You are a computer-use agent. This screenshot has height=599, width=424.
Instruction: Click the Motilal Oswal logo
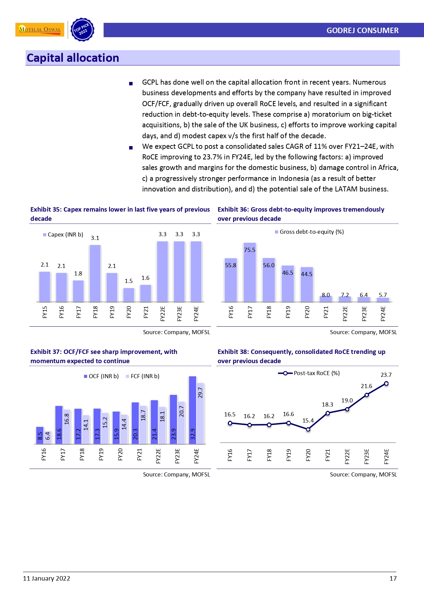(x=40, y=29)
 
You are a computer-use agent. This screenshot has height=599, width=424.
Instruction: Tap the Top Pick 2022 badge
(x=82, y=30)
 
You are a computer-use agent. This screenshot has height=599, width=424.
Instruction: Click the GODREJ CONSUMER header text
(x=362, y=30)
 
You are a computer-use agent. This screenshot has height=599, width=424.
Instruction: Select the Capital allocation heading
(x=73, y=58)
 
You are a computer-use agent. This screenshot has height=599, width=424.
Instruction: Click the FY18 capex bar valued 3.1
(x=95, y=273)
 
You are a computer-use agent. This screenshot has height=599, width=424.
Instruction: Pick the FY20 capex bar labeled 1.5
(x=128, y=295)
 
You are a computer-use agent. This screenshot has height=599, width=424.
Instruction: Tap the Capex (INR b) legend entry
(x=63, y=234)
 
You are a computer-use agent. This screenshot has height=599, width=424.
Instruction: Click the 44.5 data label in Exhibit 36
(x=306, y=274)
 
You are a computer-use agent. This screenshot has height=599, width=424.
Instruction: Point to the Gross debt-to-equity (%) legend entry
(x=310, y=232)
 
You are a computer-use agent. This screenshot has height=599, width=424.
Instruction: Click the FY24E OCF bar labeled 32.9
(x=192, y=410)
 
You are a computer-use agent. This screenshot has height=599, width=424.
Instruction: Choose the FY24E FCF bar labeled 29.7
(x=200, y=413)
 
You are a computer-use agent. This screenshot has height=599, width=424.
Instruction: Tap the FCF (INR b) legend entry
(x=143, y=376)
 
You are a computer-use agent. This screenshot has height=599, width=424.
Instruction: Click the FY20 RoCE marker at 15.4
(x=308, y=429)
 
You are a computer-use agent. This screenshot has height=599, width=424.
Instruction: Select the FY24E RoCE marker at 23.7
(x=386, y=384)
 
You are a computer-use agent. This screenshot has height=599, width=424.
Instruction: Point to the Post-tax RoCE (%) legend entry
(x=309, y=373)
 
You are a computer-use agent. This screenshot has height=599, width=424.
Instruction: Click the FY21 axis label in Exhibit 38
(x=328, y=455)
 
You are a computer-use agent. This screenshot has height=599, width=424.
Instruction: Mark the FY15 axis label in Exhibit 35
(x=45, y=312)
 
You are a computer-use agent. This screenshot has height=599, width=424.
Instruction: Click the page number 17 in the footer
(x=393, y=578)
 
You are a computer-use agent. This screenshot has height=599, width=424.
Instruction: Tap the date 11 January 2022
(x=46, y=578)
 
